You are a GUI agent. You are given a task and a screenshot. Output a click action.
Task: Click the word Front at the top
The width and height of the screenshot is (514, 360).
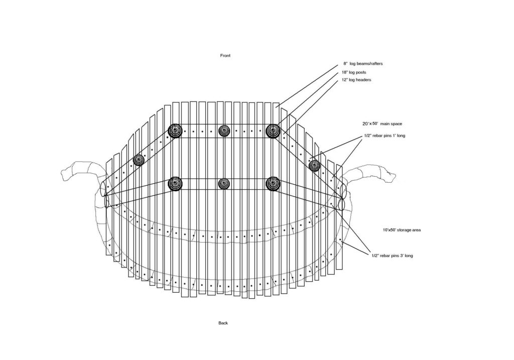tap(225, 56)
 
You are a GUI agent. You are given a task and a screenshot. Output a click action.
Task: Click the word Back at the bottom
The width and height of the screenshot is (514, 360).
tap(223, 323)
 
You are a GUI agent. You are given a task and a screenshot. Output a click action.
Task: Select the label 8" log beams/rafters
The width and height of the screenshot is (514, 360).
tap(363, 64)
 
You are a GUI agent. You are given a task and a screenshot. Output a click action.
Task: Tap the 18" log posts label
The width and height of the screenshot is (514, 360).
tap(354, 72)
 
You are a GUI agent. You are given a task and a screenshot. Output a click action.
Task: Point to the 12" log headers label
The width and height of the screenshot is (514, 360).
tap(356, 80)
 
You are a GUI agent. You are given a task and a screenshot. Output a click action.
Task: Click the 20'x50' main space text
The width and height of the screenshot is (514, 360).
tap(382, 124)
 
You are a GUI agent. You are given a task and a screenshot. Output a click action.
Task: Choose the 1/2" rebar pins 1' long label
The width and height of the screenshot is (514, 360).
tap(384, 136)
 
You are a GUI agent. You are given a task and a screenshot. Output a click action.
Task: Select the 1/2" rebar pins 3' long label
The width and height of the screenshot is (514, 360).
tap(392, 256)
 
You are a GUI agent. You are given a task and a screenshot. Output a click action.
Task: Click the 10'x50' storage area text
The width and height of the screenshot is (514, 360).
tap(402, 230)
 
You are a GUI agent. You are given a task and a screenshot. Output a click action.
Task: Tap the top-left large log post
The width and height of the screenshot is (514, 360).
tap(175, 131)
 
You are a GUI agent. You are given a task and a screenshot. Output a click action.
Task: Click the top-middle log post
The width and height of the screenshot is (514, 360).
tap(224, 131)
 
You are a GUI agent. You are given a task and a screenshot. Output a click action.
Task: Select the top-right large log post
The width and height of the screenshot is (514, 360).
tap(273, 131)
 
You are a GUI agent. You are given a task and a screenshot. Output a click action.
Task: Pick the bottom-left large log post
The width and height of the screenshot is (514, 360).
tap(175, 184)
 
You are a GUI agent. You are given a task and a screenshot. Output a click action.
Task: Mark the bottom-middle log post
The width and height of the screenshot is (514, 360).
tap(224, 184)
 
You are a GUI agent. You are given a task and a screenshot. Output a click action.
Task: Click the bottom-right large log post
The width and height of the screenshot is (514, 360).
tap(273, 184)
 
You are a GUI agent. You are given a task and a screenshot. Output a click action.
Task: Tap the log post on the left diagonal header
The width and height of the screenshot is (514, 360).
tap(139, 160)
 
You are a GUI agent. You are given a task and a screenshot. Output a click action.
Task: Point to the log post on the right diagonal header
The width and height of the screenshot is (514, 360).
tap(314, 165)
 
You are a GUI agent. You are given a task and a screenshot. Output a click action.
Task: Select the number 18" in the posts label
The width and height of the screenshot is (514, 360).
tap(344, 72)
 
